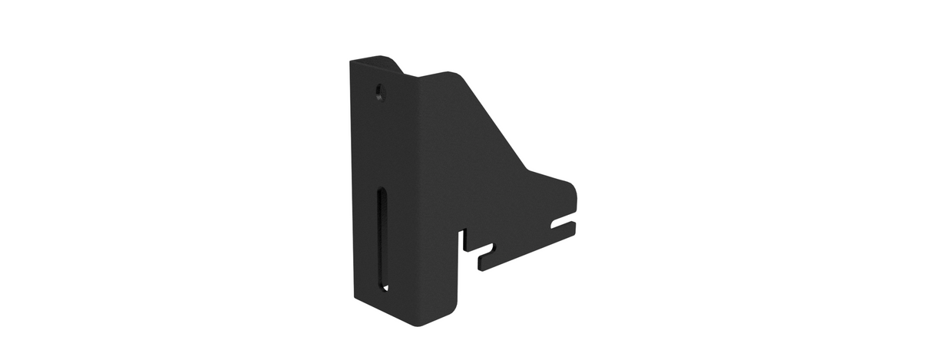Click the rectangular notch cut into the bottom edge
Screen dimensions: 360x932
(464, 239)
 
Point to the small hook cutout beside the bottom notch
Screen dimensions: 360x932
(487, 249)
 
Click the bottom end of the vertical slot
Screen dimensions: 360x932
(382, 288)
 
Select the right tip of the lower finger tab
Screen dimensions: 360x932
(573, 230)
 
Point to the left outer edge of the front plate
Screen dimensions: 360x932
(352, 177)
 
